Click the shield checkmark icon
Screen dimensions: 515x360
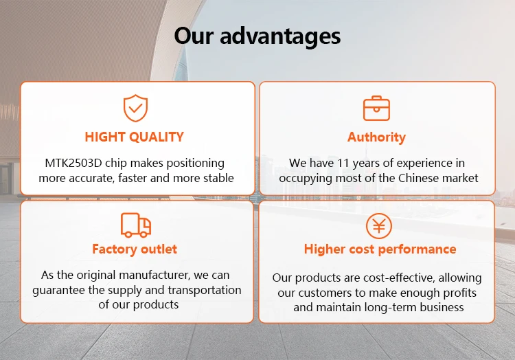(135, 108)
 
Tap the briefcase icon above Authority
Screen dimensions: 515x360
(376, 109)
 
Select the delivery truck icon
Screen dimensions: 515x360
(136, 225)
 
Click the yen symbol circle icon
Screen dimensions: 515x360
(378, 226)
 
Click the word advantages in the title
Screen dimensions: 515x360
(280, 36)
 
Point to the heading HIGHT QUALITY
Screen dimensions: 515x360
(135, 137)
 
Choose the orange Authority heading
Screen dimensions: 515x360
(376, 137)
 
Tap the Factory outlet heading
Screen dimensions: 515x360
(135, 249)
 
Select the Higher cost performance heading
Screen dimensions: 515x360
(380, 249)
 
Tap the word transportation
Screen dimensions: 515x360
(205, 290)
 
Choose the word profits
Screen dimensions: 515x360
(459, 293)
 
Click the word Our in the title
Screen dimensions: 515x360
(194, 36)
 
